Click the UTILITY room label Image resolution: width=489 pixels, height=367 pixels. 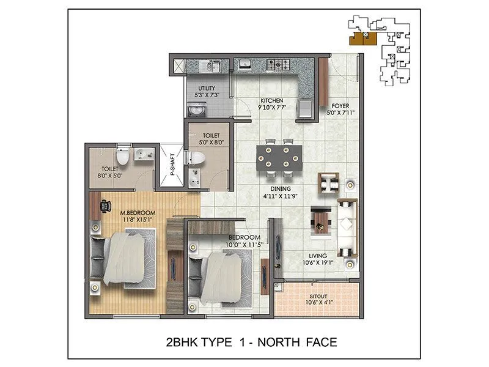pyautogui.click(x=206, y=89)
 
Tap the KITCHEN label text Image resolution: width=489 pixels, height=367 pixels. pyautogui.click(x=271, y=100)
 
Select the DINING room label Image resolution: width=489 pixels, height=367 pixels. pyautogui.click(x=282, y=189)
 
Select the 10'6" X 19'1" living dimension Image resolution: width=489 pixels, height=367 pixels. pyautogui.click(x=318, y=264)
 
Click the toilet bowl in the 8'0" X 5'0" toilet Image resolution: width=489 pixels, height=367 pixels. pyautogui.click(x=123, y=157)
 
